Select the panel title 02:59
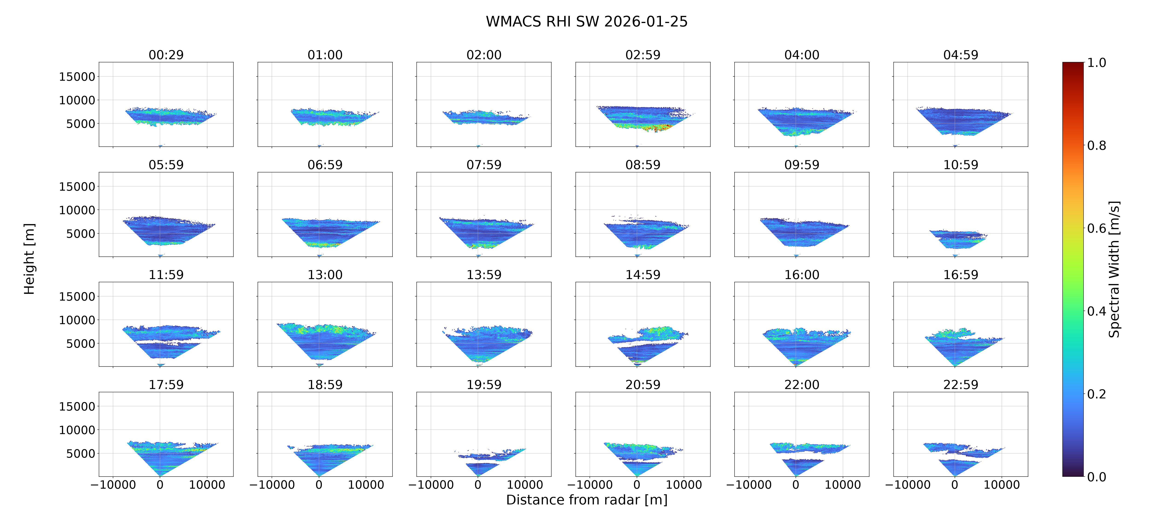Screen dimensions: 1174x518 point(643,55)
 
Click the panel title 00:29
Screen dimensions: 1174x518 point(166,55)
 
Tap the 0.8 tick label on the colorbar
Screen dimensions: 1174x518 point(1096,146)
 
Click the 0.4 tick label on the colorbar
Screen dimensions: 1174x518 point(1096,311)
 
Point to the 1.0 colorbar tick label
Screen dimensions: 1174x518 point(1096,62)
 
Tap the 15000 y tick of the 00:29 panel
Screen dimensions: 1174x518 point(77,77)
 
